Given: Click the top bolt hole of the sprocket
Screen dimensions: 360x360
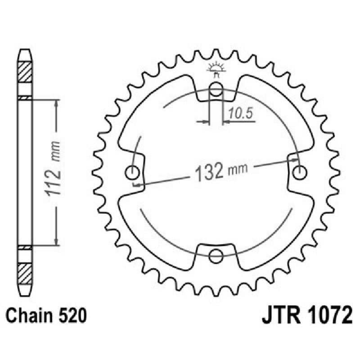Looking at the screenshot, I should [x=216, y=89].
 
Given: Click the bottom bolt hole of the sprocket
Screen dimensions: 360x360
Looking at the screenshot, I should [x=216, y=256].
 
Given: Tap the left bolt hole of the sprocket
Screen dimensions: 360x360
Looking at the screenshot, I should [x=133, y=172].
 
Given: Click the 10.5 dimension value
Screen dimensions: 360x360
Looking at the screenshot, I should [x=238, y=114].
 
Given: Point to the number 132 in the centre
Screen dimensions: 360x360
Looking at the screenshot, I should [x=209, y=171].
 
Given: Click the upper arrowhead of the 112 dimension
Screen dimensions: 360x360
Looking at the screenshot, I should [x=56, y=103].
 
